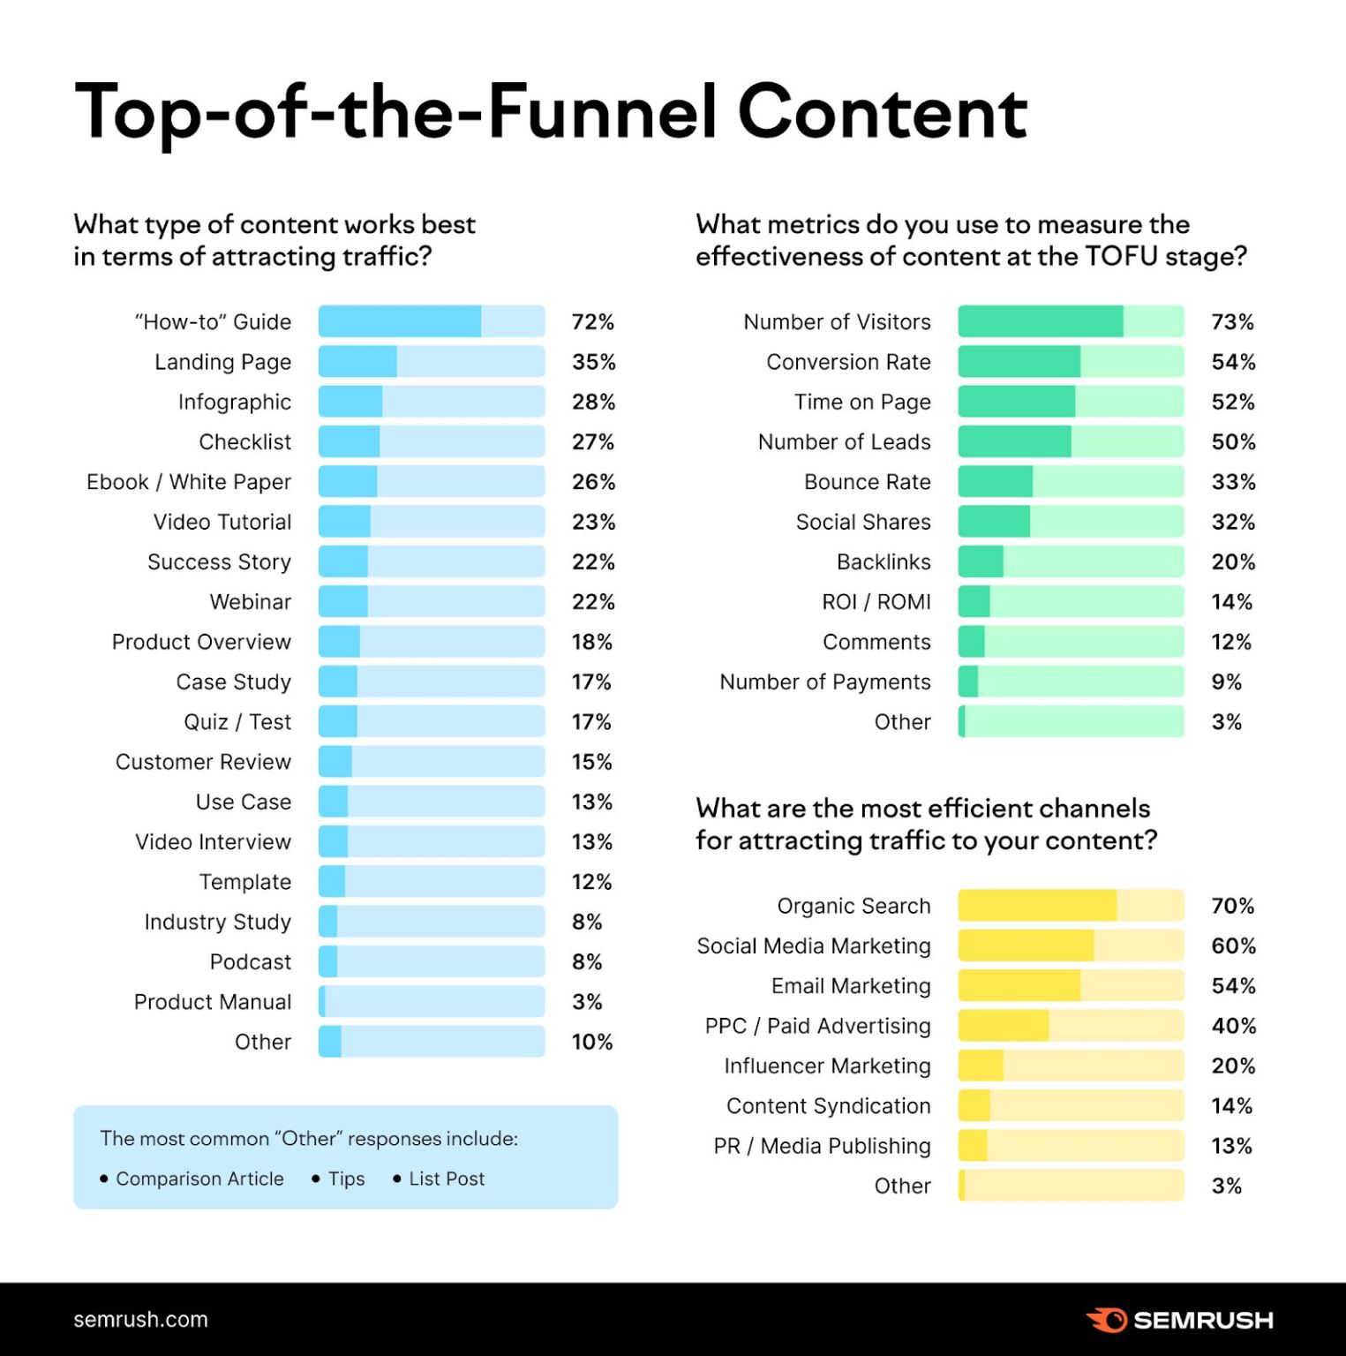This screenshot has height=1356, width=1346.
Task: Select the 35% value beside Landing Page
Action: coord(593,362)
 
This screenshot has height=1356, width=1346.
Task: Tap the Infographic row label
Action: coord(234,403)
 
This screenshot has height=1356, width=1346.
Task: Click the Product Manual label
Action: coord(212,1002)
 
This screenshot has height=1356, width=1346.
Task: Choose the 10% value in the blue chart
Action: coord(591,1042)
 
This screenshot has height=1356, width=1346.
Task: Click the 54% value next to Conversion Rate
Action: coord(1233,362)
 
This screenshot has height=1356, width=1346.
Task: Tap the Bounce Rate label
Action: coord(867,482)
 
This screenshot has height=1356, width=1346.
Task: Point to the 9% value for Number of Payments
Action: coord(1226,682)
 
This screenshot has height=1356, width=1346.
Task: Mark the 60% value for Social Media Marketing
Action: coord(1233,945)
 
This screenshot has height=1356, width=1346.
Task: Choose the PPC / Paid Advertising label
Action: coord(817,1026)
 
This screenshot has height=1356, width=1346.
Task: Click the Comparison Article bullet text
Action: coord(199,1179)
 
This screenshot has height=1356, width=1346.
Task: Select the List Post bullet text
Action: coord(447,1179)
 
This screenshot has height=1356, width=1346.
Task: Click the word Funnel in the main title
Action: coord(602,113)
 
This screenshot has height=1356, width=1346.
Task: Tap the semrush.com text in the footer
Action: coord(140,1320)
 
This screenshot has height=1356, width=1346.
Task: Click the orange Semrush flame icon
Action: coord(1107,1320)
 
